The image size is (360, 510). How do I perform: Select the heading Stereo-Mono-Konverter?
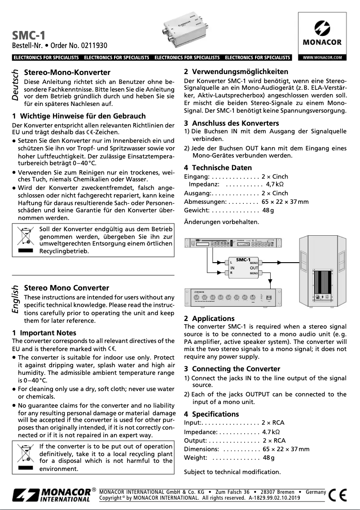point(67,72)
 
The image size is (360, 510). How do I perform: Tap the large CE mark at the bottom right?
point(338,495)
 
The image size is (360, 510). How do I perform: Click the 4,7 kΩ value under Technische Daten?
point(275,185)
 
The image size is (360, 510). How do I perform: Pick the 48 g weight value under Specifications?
point(268,457)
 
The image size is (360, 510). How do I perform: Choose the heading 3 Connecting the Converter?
point(232,369)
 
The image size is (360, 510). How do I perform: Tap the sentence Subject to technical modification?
point(232,472)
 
